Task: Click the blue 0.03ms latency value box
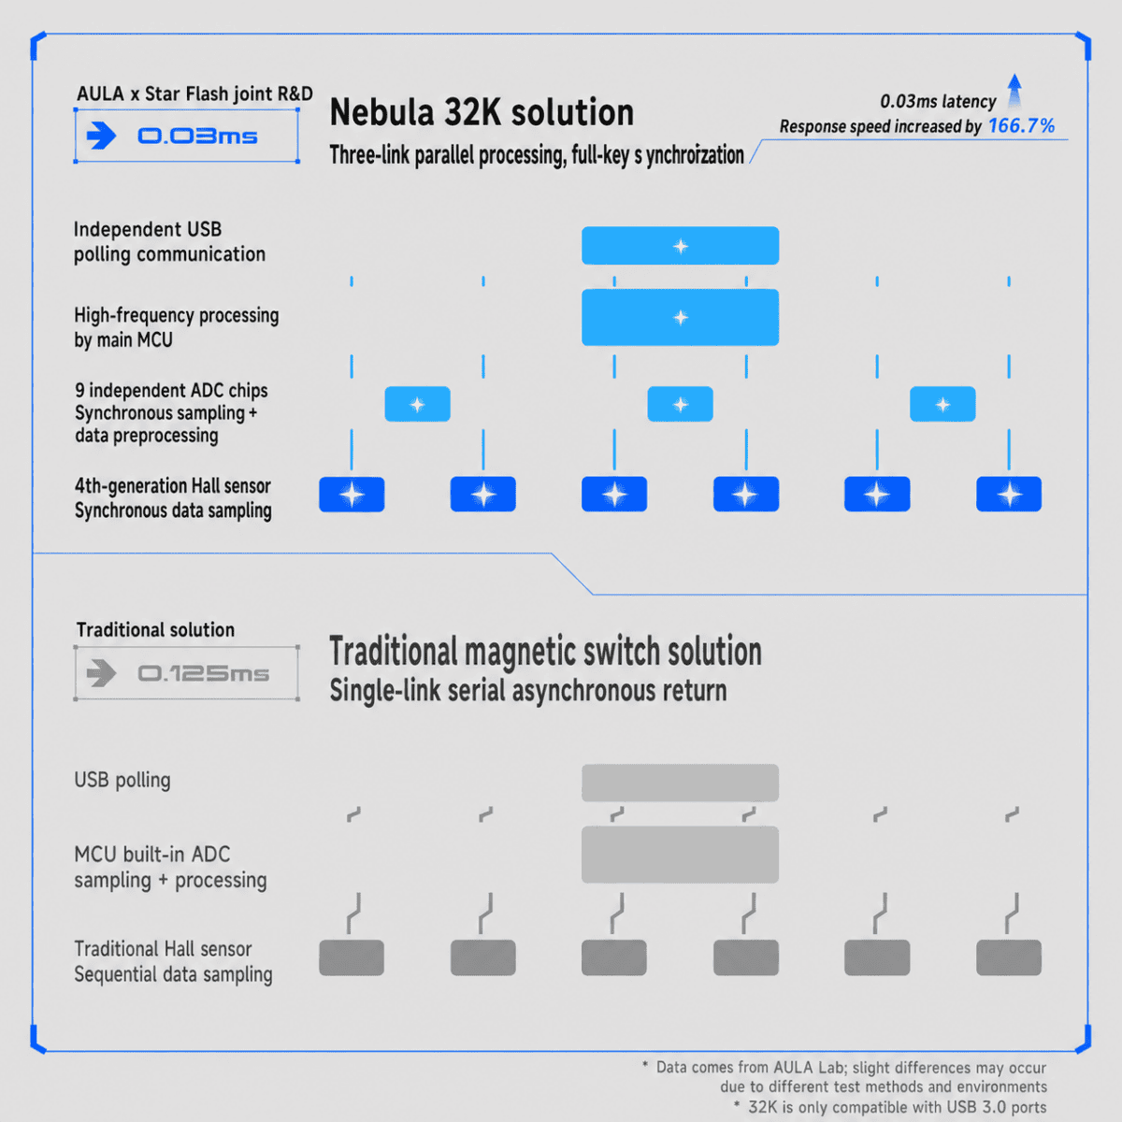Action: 186,136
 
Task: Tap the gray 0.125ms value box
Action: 186,673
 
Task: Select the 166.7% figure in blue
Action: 1021,125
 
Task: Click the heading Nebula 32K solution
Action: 482,112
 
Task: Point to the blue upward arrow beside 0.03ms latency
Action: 1014,90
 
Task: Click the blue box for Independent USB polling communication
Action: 680,246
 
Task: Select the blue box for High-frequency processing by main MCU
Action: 680,317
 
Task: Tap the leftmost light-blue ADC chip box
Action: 417,404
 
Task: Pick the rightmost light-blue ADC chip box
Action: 942,404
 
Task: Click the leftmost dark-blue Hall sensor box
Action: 352,495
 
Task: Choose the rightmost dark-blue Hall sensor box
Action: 1009,495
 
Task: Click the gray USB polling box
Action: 680,783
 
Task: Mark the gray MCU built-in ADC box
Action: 680,855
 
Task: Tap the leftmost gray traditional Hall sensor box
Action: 352,957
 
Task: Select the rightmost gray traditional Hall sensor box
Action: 1009,957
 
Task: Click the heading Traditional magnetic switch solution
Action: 545,651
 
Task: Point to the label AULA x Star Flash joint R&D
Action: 194,93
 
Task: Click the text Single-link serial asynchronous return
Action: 528,691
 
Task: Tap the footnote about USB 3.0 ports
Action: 890,1107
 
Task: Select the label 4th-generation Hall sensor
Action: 173,485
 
